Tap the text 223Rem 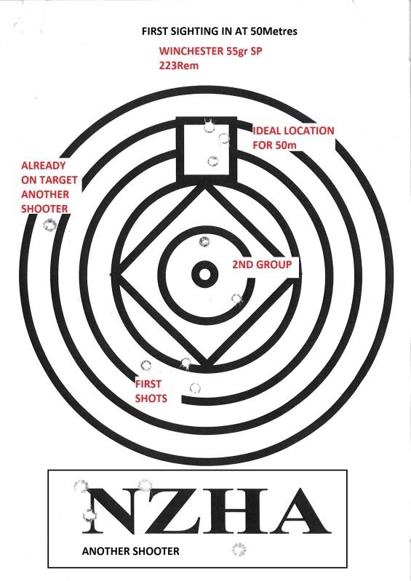[x=179, y=65]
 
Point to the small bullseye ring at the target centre [x=204, y=275]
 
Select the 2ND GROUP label [x=262, y=265]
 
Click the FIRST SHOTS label [x=151, y=391]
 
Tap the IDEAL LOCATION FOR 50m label [x=293, y=138]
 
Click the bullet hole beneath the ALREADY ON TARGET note [x=49, y=225]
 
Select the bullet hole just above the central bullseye [x=204, y=242]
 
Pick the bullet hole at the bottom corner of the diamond [x=185, y=363]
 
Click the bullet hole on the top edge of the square [x=210, y=126]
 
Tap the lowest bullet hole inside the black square [x=212, y=161]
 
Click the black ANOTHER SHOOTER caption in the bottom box [x=130, y=551]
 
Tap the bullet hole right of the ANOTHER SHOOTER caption [x=239, y=549]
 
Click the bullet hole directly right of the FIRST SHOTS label [x=195, y=388]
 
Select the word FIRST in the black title [x=153, y=31]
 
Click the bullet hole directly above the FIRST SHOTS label [x=145, y=365]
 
